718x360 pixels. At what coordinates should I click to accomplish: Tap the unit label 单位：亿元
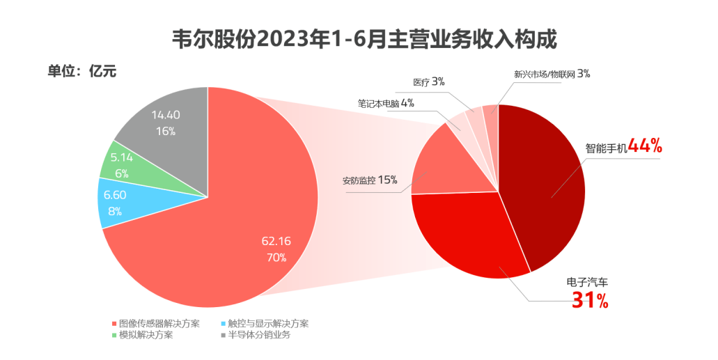coord(81,71)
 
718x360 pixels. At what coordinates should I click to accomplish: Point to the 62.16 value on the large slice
coord(276,241)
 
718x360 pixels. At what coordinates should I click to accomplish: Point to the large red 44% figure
coord(644,146)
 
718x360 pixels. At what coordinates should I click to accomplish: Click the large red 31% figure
coord(590,301)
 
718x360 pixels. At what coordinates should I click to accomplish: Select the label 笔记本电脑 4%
coord(386,103)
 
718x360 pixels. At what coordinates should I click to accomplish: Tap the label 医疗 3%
coord(428,81)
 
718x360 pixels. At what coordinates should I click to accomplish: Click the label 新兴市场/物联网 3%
coord(552,73)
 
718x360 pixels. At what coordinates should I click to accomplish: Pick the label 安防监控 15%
coord(369,180)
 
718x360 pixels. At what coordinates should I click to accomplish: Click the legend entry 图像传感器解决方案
coord(156,323)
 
